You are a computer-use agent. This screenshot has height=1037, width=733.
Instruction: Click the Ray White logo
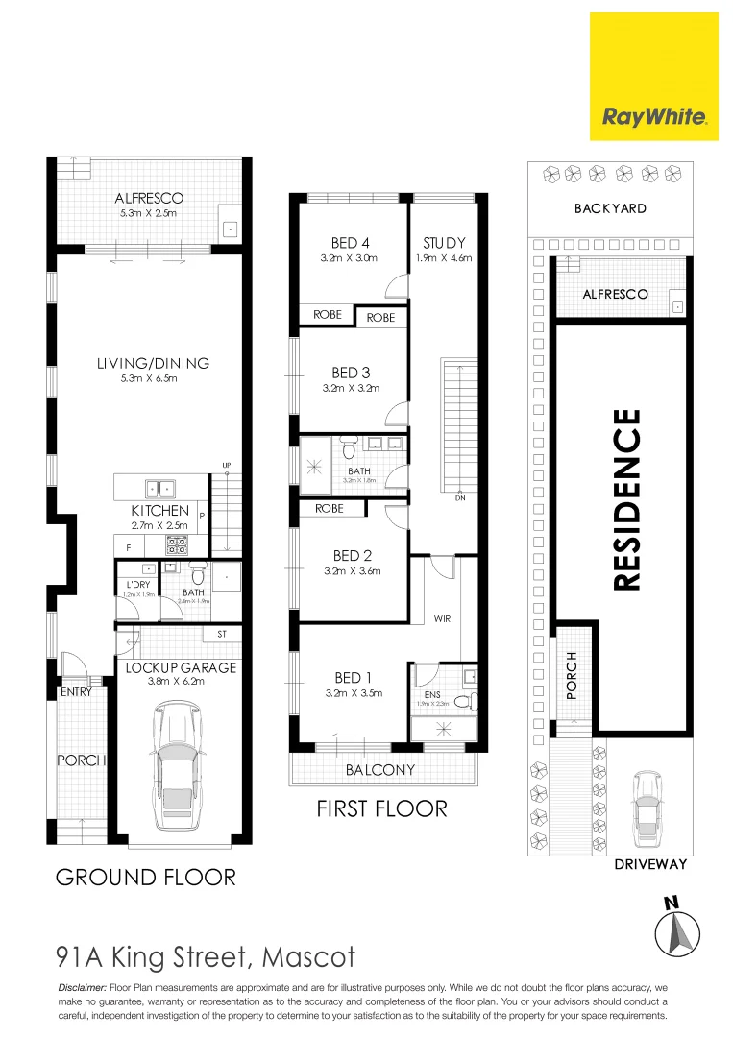(654, 117)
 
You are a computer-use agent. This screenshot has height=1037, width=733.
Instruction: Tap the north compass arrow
(676, 929)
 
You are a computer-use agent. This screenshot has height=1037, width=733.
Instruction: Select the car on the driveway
(647, 806)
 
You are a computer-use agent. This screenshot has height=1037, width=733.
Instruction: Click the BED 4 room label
(350, 243)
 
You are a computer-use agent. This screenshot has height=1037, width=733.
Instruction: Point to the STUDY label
(444, 243)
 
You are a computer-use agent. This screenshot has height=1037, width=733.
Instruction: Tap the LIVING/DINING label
(153, 363)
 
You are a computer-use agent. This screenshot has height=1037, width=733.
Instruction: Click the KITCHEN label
(160, 511)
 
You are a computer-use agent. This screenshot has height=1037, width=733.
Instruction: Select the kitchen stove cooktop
(178, 544)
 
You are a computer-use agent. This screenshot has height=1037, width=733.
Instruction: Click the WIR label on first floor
(442, 619)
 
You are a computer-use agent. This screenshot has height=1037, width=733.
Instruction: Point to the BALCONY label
(380, 769)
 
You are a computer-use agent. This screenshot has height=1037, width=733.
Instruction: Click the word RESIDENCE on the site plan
(625, 500)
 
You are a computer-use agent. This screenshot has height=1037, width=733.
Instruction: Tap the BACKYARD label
(610, 208)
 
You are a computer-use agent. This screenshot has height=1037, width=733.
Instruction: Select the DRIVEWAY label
(650, 864)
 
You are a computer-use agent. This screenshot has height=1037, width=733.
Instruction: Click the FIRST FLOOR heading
(381, 808)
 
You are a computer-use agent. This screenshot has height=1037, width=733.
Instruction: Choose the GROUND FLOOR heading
(145, 877)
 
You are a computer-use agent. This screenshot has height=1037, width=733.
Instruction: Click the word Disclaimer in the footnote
(83, 987)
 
